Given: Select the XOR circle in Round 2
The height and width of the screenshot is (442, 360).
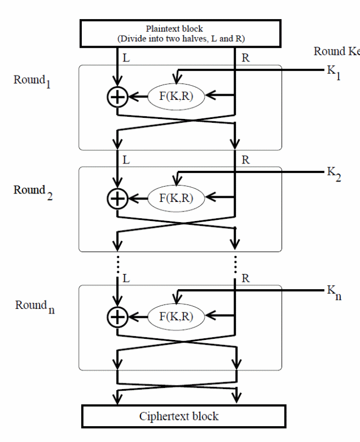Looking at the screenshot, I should click(117, 198).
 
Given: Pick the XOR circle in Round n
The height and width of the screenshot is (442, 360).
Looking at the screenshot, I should click(117, 317).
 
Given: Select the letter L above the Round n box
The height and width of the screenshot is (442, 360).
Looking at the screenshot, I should click(126, 279).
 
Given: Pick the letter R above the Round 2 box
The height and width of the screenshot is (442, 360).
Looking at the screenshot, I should click(245, 160).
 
